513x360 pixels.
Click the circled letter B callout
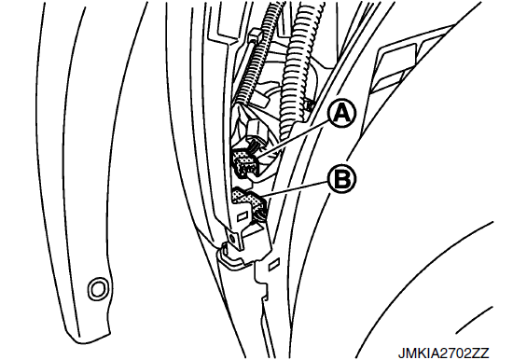(342, 179)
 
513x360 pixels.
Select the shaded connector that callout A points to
(245, 163)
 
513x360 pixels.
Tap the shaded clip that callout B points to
(249, 198)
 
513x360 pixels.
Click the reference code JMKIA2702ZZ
(443, 353)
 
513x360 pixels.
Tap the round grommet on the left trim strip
(98, 289)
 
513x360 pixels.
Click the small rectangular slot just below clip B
(242, 216)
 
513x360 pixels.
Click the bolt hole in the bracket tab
(232, 239)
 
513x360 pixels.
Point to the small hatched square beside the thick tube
(310, 104)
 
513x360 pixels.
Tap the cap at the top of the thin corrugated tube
(256, 34)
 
